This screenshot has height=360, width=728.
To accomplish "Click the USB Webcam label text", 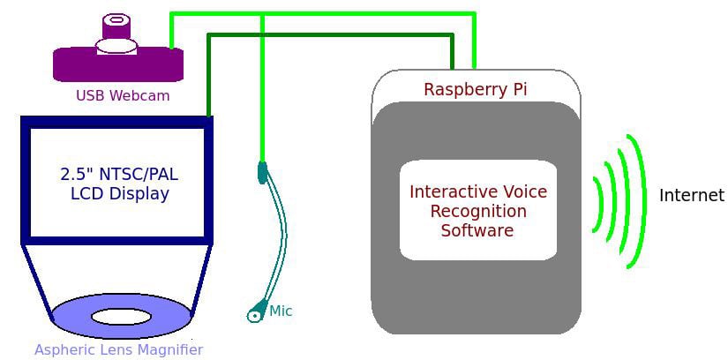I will [123, 95].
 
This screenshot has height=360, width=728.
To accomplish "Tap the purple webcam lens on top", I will [116, 20].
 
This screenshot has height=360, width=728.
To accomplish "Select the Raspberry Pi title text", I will [476, 89].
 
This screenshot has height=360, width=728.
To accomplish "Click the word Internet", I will [691, 195].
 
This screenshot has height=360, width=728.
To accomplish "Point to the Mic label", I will [281, 311].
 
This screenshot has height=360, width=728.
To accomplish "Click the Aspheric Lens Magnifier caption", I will [118, 349].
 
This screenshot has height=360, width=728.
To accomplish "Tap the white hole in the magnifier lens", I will [121, 316].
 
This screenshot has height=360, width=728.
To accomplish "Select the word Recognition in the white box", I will [477, 212].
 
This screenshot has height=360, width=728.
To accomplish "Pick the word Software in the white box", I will [477, 230].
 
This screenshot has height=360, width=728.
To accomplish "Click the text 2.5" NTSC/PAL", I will [119, 173].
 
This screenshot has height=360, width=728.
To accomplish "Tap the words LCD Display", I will [119, 193].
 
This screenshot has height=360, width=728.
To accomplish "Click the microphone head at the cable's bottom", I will [256, 312].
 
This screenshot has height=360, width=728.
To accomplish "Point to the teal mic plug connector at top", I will [262, 172].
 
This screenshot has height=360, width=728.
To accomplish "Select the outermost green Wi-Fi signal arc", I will [640, 201].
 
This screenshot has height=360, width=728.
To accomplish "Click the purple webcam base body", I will [118, 64].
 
